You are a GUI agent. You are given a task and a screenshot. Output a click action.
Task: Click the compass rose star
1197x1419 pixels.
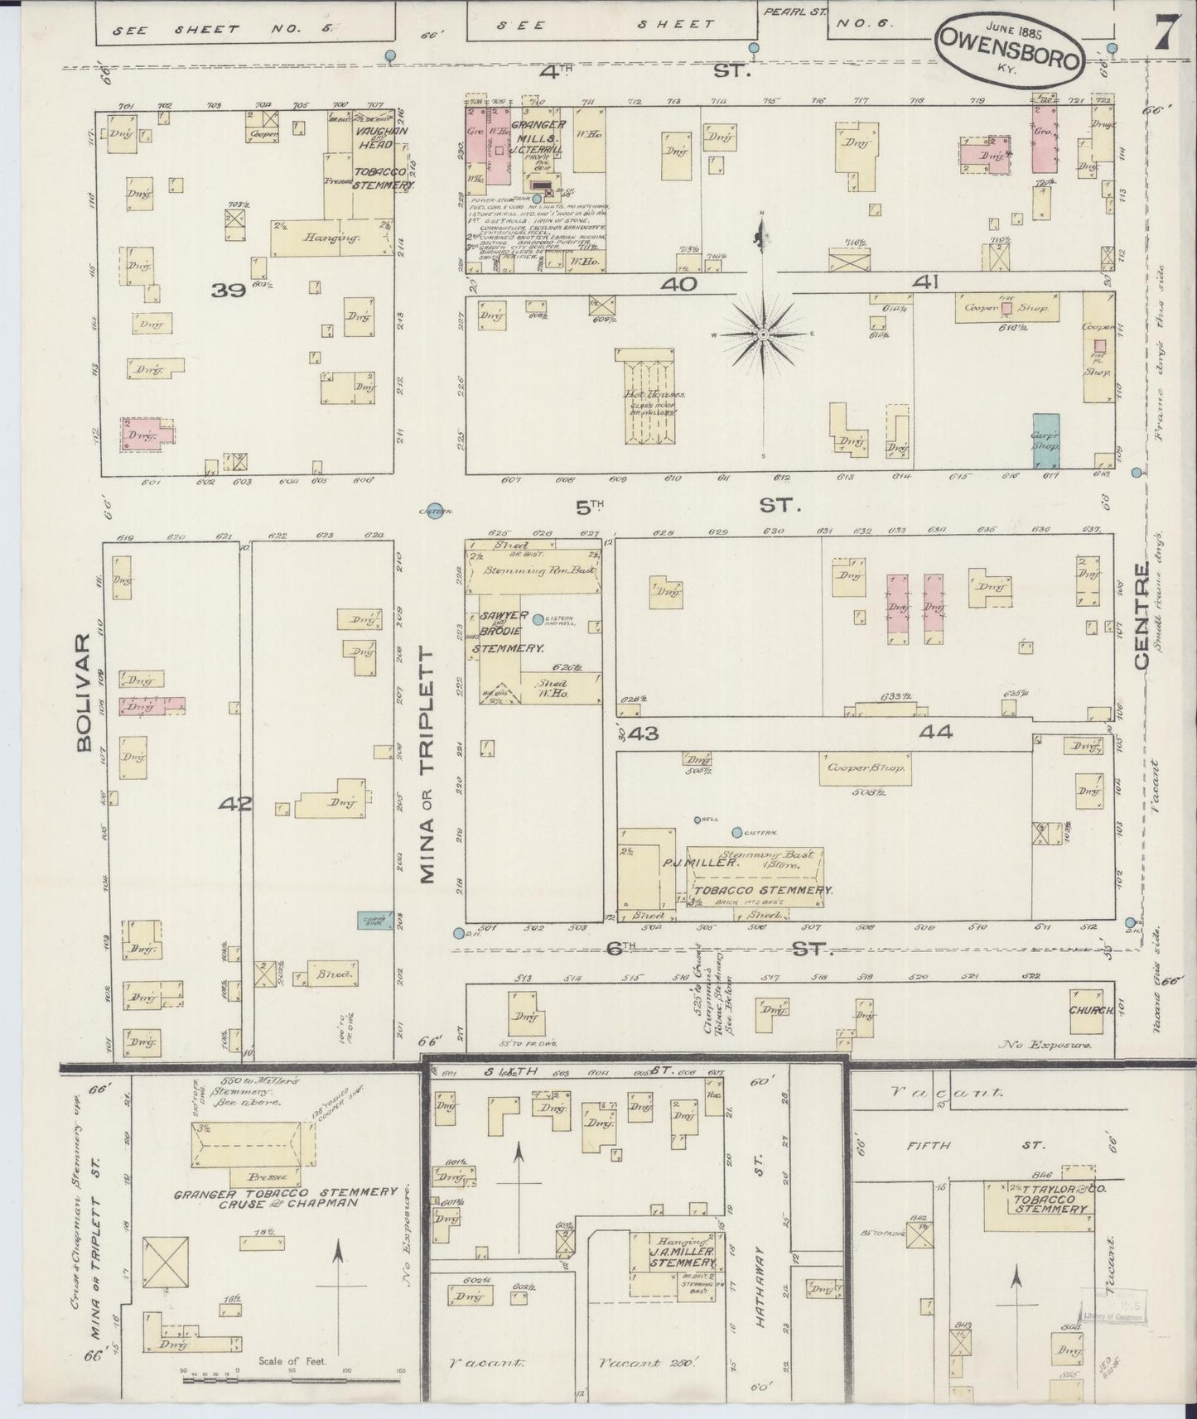coord(763,334)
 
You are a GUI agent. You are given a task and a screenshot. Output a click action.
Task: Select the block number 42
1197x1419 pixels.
coord(235,802)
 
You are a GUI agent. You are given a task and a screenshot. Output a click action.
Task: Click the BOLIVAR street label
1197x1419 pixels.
coord(84,694)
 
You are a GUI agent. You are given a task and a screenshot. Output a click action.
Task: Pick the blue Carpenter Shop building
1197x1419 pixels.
coord(1046,441)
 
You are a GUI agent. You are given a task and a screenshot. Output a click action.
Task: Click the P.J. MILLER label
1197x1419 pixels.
coord(700,863)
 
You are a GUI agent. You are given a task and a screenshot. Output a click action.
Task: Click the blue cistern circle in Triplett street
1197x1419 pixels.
coord(433,511)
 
